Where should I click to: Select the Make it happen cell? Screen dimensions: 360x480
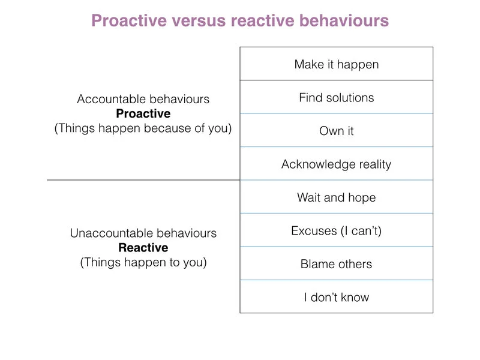336,64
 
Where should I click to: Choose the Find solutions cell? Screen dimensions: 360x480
336,97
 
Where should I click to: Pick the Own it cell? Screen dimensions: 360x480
336,131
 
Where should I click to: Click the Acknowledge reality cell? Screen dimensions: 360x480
336,164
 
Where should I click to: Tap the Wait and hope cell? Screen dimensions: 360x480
336,197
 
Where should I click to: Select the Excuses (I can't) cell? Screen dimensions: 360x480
336,230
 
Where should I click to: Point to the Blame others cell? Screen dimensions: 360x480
336,264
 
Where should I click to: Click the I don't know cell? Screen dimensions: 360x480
336,297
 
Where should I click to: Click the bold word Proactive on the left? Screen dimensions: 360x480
143,114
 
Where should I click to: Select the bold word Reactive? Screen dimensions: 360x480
143,248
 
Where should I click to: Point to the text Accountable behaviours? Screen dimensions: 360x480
143,100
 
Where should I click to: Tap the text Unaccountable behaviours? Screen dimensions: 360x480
143,233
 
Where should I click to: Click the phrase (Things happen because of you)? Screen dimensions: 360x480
143,128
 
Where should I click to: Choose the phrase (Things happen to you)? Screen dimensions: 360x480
143,262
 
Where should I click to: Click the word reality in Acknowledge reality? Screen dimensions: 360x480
372,164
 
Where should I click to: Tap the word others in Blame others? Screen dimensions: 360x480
353,264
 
